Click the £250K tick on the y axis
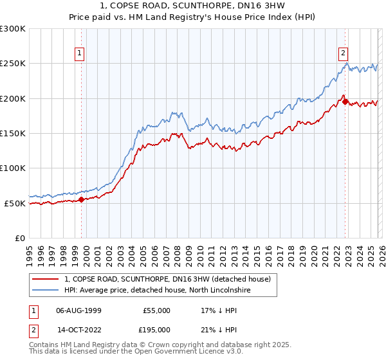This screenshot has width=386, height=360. click(x=13, y=64)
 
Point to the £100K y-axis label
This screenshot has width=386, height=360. click(x=13, y=168)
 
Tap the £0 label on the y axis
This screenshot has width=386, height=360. click(x=19, y=239)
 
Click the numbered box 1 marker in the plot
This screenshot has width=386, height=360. click(x=80, y=54)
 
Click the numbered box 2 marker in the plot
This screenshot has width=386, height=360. click(x=344, y=54)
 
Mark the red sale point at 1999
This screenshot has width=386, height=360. click(x=81, y=200)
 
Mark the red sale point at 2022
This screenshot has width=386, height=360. click(x=345, y=102)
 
